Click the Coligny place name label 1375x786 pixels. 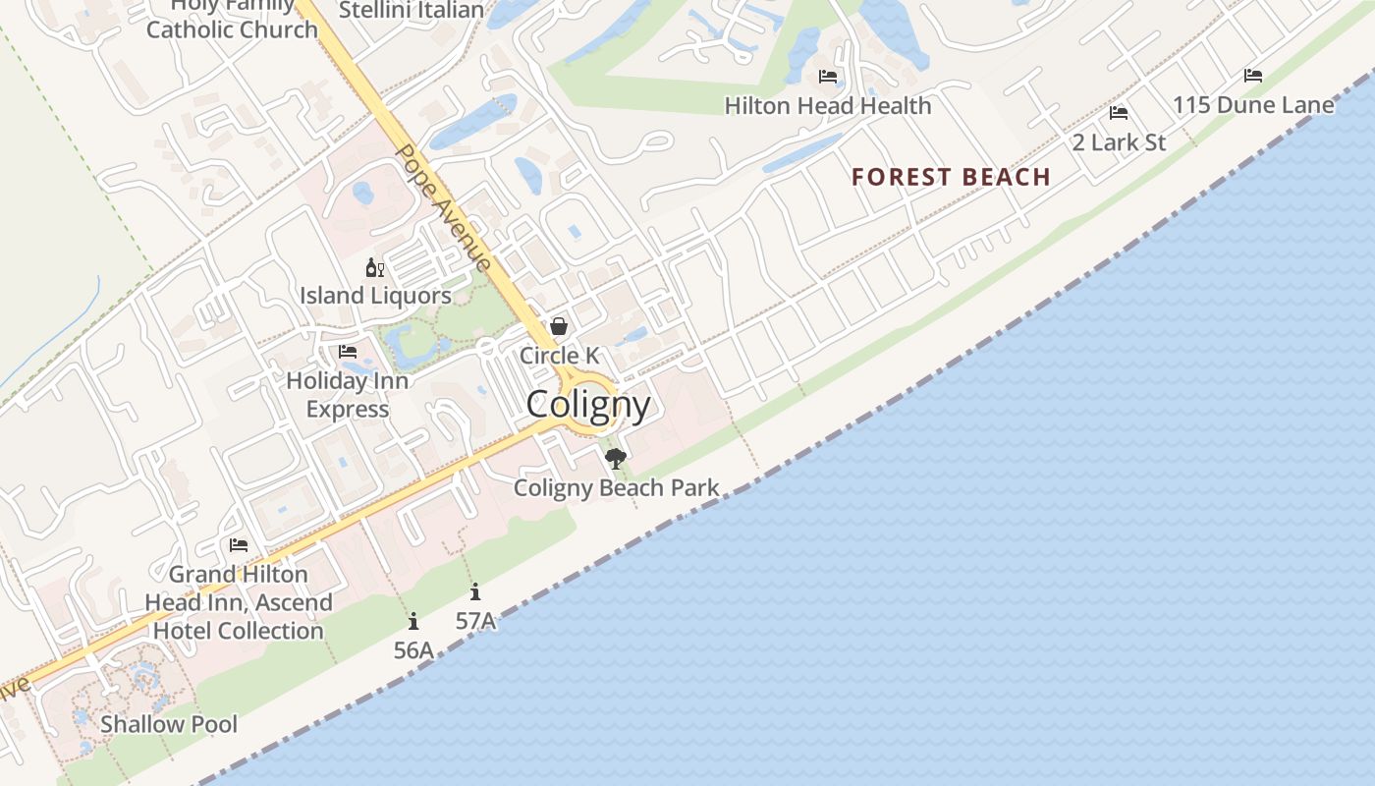588,405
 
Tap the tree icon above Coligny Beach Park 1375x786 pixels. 616,458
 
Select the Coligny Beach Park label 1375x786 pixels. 616,487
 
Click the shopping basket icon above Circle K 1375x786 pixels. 559,326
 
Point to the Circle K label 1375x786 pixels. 559,355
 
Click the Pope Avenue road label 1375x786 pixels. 443,207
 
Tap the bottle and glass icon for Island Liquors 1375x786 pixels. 374,267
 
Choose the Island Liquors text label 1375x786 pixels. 375,295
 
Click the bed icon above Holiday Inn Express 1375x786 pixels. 348,352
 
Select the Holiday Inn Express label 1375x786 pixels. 347,394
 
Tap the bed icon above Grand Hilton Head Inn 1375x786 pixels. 239,545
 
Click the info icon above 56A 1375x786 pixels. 413,621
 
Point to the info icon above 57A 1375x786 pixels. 475,591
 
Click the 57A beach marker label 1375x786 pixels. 475,620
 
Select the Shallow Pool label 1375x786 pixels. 169,724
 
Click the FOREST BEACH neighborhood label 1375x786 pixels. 951,177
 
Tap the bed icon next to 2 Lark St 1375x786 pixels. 1118,113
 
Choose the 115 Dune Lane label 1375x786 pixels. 1253,104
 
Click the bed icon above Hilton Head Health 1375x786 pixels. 828,77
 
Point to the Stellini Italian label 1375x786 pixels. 412,11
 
